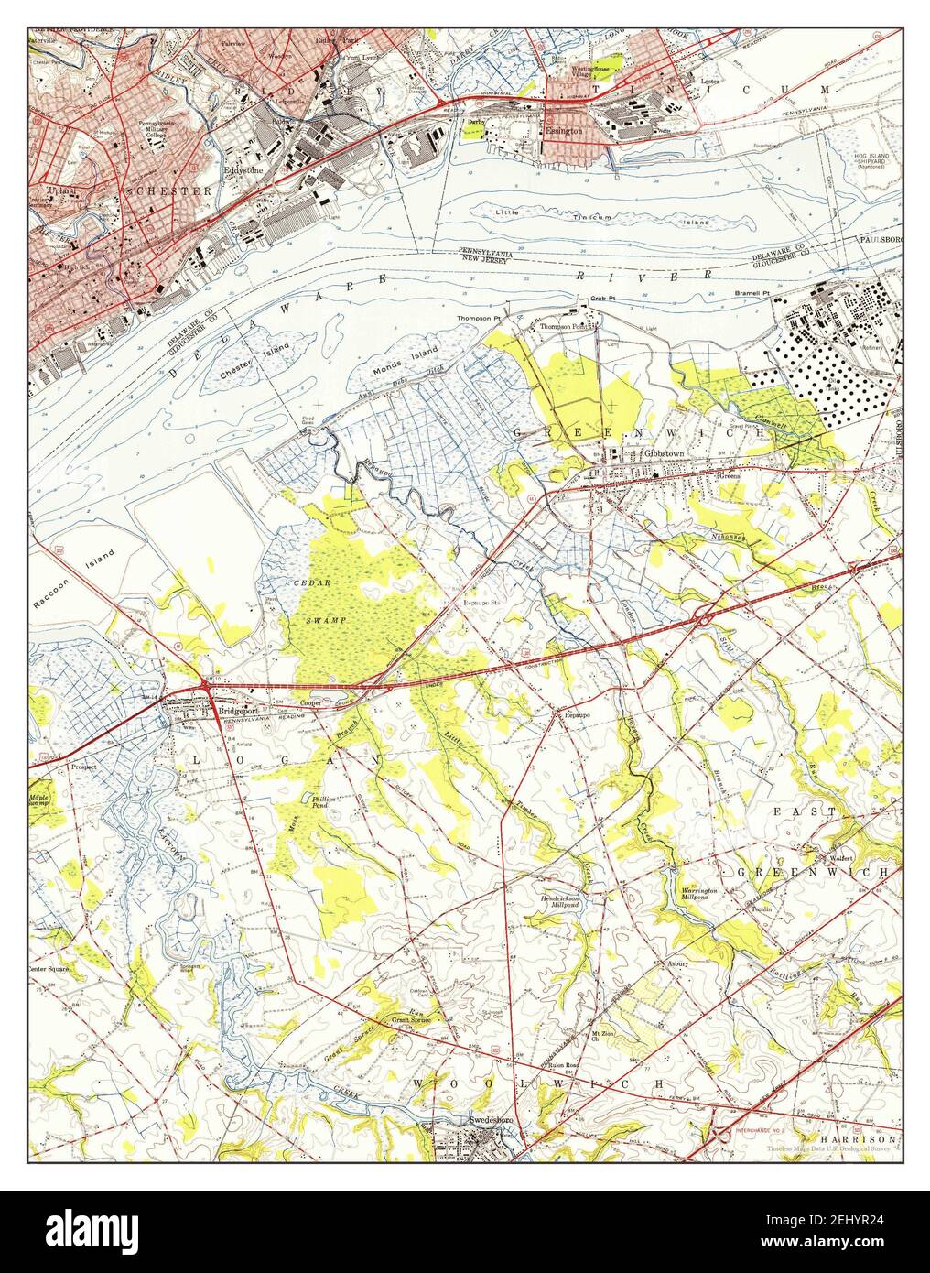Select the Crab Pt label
pyautogui.click(x=600, y=299)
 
